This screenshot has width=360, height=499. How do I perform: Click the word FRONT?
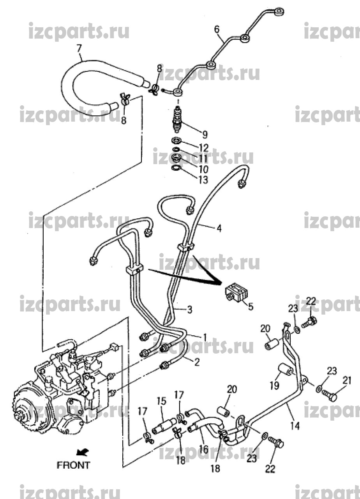coord(73,465)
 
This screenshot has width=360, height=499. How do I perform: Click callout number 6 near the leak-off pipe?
coord(217,29)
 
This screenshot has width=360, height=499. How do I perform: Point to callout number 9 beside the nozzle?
coord(205,134)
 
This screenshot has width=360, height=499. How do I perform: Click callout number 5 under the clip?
coord(251,306)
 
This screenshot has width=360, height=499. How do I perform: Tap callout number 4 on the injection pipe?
coord(219,228)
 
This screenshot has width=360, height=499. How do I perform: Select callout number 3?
coord(189,310)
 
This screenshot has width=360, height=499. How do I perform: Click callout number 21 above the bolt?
coord(347,380)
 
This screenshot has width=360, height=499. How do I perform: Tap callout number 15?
coord(162,401)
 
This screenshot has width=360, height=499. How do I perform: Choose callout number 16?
coord(203,449)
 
